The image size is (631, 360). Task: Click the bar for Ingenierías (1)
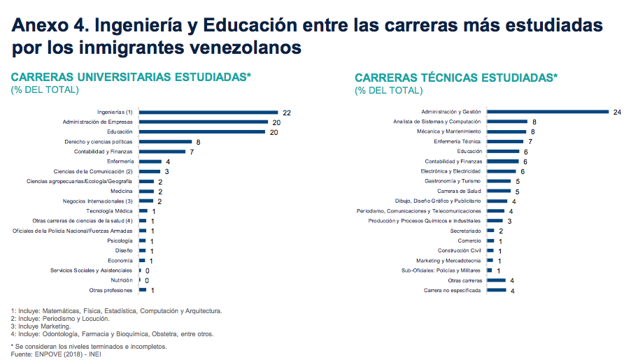pos(208,112)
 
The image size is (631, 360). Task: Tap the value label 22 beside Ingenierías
pos(287,112)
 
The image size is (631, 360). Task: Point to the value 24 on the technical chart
pos(617,112)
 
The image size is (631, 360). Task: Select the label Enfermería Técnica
pos(458,141)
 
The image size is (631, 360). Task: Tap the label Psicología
pos(120,240)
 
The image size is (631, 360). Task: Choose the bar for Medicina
pos(146,191)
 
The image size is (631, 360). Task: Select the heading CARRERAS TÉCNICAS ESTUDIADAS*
pos(456,78)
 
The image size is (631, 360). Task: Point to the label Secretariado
pos(466,231)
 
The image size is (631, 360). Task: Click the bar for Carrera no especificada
pos(496,290)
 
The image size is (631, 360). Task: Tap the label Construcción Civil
pos(460,250)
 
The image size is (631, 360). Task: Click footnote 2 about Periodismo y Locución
pos(60,318)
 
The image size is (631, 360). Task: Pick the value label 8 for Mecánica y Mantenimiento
pos(533,131)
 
